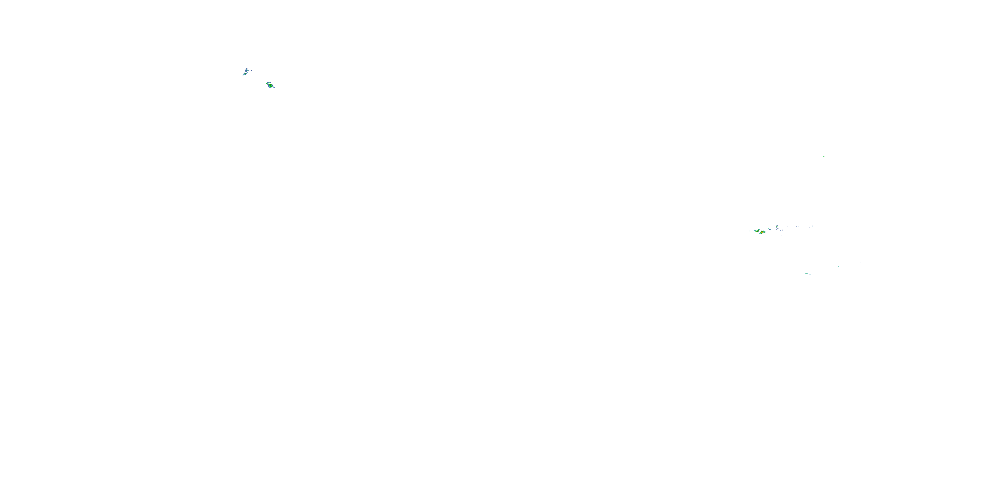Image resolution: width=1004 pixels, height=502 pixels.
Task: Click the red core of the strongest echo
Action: point(762,232)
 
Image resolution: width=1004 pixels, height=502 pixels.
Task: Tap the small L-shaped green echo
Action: point(754,230)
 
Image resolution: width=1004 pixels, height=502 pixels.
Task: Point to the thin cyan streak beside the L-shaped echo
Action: point(750,230)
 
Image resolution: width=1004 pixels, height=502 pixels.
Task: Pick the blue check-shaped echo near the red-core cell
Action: point(770,230)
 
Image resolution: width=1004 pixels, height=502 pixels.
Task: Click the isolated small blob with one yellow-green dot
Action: point(777,227)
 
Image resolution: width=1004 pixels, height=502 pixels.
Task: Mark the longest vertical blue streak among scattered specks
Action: point(782,231)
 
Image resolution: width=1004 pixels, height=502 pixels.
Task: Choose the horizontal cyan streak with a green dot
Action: point(807,274)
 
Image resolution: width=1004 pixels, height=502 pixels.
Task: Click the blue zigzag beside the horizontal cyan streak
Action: point(811,274)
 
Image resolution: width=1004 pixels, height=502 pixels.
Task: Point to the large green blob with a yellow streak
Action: point(270,85)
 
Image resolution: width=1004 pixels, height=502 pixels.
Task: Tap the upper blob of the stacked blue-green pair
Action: point(247,71)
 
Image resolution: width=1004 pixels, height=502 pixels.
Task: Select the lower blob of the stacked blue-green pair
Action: point(245,74)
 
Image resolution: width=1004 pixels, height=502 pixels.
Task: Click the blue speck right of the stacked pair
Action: point(251,71)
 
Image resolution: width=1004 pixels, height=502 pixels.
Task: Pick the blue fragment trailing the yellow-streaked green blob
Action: point(274,88)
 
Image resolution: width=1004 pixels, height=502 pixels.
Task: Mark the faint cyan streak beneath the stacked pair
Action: point(244,76)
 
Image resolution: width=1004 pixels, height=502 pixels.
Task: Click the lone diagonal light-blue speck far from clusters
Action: point(860,263)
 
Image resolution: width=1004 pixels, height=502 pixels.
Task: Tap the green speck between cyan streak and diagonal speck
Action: point(839,267)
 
